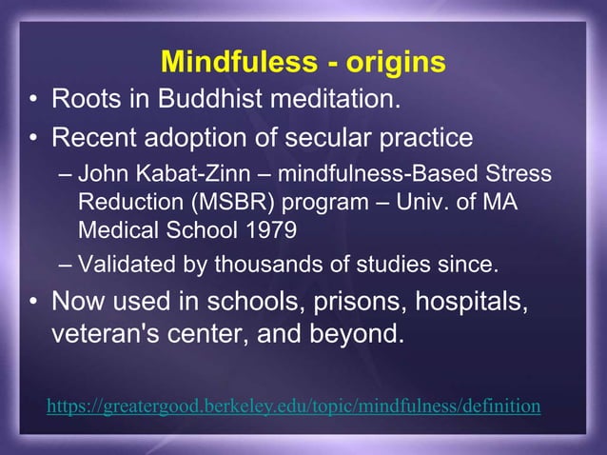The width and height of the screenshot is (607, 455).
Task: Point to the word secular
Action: (321, 138)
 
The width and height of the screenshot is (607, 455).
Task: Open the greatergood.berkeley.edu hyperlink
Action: (293, 406)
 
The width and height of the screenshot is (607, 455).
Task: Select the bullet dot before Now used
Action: (33, 303)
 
